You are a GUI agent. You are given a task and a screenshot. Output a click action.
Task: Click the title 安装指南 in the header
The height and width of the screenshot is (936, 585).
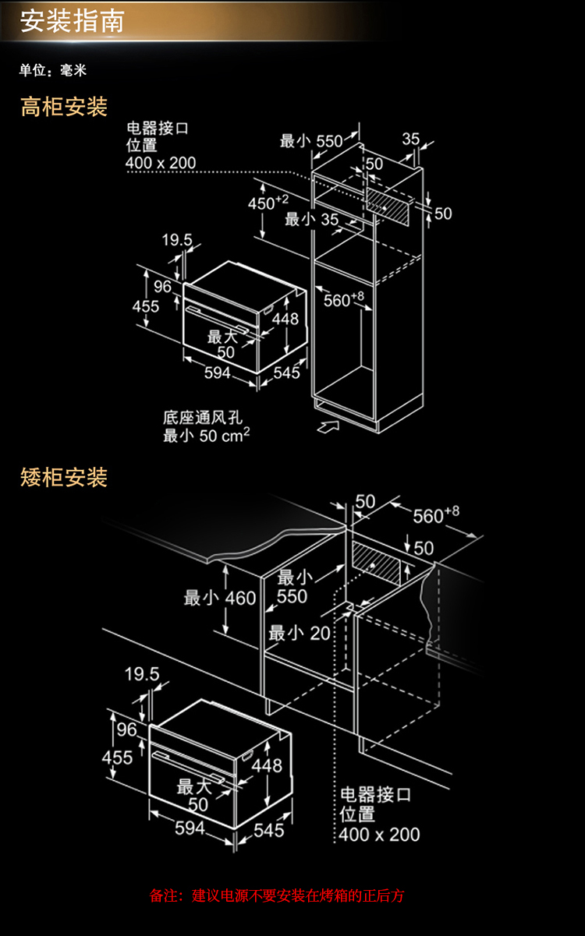click(x=72, y=21)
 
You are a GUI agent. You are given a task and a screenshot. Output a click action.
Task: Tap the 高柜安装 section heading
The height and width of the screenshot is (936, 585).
click(x=64, y=107)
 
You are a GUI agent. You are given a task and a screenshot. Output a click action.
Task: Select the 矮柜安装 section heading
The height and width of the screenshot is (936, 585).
click(x=64, y=477)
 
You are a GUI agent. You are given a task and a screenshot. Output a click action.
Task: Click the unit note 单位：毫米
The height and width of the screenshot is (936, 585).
click(x=53, y=70)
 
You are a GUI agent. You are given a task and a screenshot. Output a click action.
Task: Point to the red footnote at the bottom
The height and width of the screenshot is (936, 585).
click(x=277, y=895)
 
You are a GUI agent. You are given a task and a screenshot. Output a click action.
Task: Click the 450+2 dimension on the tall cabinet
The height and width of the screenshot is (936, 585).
click(x=268, y=203)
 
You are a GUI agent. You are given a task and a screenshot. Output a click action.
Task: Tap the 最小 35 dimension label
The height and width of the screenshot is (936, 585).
click(x=311, y=219)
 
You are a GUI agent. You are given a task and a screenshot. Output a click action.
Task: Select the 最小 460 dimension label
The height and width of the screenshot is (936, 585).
click(x=220, y=598)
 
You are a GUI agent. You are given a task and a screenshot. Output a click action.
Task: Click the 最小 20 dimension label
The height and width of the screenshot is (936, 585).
click(x=300, y=633)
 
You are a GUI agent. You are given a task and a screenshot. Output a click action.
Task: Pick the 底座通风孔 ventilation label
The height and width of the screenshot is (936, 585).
click(x=203, y=418)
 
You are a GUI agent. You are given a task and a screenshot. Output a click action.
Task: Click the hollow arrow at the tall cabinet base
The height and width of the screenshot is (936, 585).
click(x=328, y=426)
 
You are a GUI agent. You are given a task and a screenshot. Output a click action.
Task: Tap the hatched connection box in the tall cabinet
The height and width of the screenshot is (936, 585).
click(x=387, y=207)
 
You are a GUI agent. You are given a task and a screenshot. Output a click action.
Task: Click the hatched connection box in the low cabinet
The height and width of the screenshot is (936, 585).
click(x=376, y=563)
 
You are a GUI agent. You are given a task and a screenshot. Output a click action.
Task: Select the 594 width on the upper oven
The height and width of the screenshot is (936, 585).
click(x=217, y=373)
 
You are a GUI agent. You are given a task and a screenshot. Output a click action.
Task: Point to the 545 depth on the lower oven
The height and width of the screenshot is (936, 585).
click(x=269, y=830)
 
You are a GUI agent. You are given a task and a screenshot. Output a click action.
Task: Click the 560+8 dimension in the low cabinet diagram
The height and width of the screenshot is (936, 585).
click(x=436, y=515)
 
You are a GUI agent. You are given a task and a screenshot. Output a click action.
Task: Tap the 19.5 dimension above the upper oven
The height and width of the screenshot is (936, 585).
click(x=177, y=239)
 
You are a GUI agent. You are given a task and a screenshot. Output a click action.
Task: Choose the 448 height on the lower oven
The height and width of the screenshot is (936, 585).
click(x=267, y=765)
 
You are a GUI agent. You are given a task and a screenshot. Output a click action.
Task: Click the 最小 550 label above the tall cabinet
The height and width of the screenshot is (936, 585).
click(x=311, y=141)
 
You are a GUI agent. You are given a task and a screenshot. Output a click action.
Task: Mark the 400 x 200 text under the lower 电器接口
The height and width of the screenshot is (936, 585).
click(x=379, y=835)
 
